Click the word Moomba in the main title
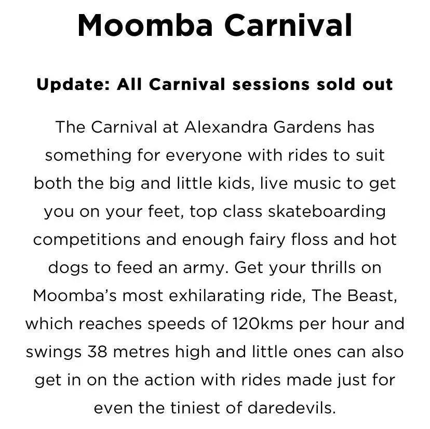tap(145, 25)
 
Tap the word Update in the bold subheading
tap(73, 85)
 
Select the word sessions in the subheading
tap(271, 84)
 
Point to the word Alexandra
tap(226, 127)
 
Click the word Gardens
tap(307, 127)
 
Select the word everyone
tap(204, 156)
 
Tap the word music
tap(317, 184)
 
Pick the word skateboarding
tap(327, 212)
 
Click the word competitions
tap(87, 240)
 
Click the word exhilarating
tap(217, 296)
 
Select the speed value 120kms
tap(262, 323)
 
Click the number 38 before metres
tap(97, 352)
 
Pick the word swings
tap(54, 353)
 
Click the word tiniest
tap(195, 408)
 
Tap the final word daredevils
tap(291, 408)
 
